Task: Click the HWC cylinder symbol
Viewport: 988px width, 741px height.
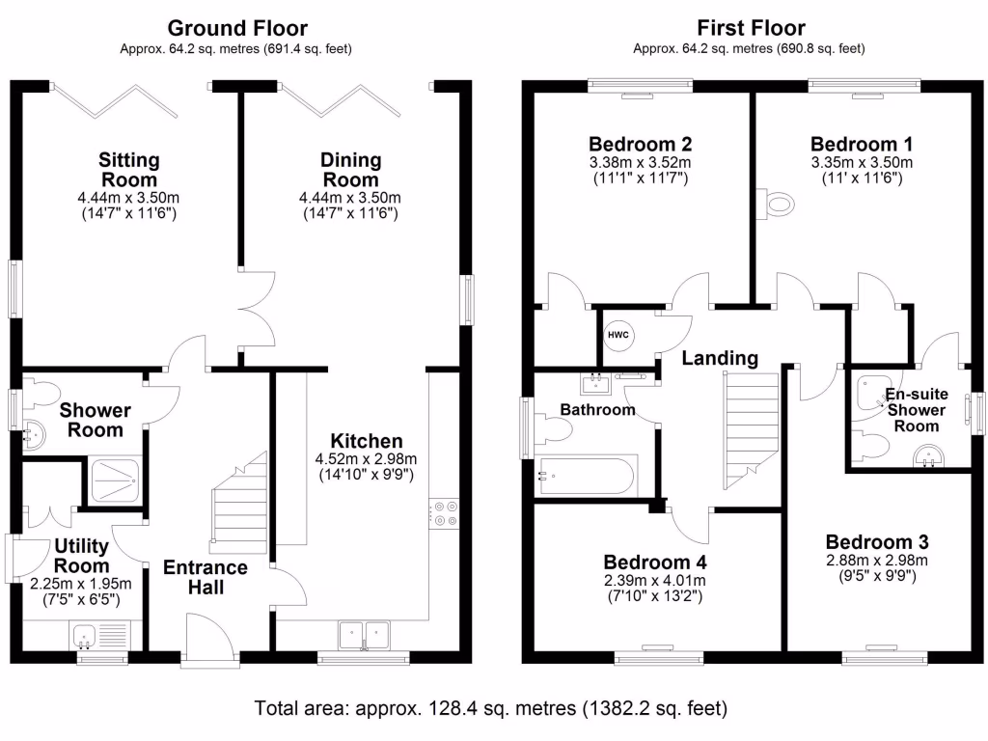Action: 618,335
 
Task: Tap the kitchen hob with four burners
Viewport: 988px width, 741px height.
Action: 444,513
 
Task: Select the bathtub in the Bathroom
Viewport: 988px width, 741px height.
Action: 586,476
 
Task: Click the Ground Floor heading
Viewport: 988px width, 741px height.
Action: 237,28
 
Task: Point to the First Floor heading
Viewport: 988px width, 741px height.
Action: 751,28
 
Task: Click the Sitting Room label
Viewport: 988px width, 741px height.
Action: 129,170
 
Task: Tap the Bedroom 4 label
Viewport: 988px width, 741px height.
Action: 655,562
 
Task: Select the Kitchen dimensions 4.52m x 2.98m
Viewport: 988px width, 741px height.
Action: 366,459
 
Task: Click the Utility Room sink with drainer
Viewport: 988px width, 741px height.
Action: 99,636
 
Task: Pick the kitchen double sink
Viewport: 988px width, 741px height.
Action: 364,635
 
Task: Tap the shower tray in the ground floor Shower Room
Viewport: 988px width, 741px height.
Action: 115,481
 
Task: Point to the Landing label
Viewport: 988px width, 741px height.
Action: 720,358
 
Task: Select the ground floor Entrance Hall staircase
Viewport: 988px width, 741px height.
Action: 239,503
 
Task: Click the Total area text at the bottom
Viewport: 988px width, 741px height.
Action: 491,708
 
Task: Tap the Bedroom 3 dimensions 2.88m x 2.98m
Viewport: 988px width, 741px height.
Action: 877,561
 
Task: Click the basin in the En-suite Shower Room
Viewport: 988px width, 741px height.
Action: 929,456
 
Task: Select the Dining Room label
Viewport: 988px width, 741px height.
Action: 351,170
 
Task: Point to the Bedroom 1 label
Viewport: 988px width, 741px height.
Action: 862,145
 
